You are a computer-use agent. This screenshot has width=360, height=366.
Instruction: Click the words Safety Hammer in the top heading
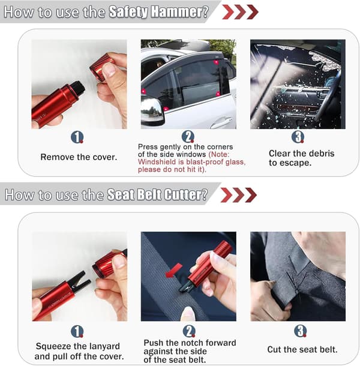pyautogui.click(x=159, y=12)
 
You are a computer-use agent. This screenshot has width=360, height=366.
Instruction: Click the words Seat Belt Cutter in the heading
pyautogui.click(x=157, y=194)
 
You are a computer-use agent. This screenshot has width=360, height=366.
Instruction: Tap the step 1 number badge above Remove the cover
pyautogui.click(x=77, y=137)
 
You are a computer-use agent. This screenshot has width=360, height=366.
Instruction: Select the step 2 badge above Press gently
pyautogui.click(x=188, y=137)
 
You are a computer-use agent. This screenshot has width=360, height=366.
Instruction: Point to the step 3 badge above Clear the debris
pyautogui.click(x=298, y=137)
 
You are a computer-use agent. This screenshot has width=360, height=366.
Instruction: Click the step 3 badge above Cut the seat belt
pyautogui.click(x=301, y=331)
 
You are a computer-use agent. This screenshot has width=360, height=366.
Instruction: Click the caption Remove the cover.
pyautogui.click(x=79, y=157)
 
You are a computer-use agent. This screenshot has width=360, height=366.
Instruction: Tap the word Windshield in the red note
pyautogui.click(x=157, y=162)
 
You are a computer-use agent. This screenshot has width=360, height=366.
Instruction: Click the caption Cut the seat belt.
pyautogui.click(x=302, y=349)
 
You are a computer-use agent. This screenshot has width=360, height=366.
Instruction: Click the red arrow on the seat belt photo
pyautogui.click(x=173, y=271)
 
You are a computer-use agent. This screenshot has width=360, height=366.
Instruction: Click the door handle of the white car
pyautogui.click(x=221, y=122)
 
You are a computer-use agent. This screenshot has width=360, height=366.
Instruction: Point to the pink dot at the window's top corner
pyautogui.click(x=216, y=62)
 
